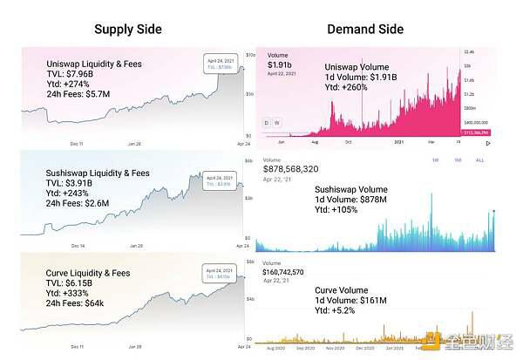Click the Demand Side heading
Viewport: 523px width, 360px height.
tap(365, 29)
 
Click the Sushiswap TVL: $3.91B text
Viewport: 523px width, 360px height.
tap(73, 183)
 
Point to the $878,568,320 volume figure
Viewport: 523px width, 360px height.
tap(291, 168)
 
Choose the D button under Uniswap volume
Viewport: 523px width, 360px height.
tap(267, 122)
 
